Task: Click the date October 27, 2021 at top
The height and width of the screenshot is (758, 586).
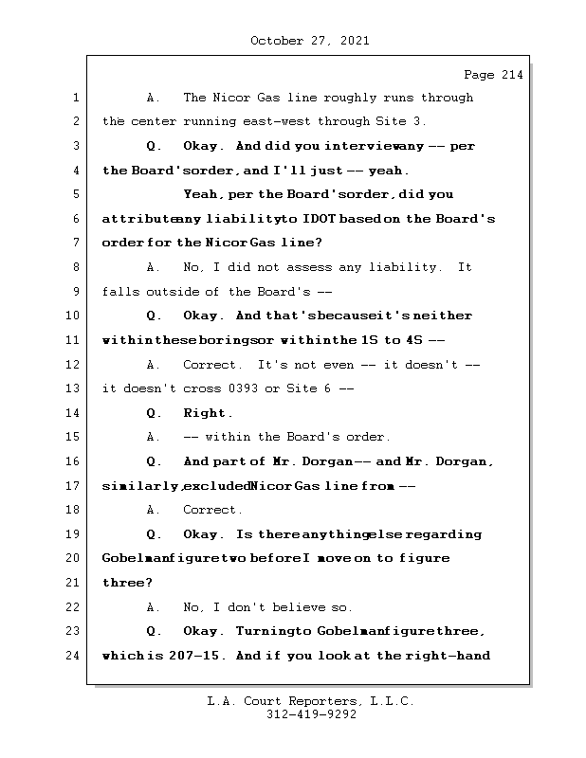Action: pos(309,41)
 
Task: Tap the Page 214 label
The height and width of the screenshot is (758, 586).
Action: pos(492,75)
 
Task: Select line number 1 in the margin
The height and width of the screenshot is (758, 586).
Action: pos(74,98)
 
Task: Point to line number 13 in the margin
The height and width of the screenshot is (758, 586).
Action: pos(74,388)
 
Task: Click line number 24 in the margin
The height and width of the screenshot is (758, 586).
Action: pos(74,655)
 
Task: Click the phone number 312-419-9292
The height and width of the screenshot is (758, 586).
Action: pos(311,715)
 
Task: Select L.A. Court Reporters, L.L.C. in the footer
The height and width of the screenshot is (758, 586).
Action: pos(311,701)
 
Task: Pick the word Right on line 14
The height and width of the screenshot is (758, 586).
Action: pos(206,413)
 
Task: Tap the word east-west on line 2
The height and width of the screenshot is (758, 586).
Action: pos(277,121)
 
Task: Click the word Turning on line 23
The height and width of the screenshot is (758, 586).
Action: pos(262,631)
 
